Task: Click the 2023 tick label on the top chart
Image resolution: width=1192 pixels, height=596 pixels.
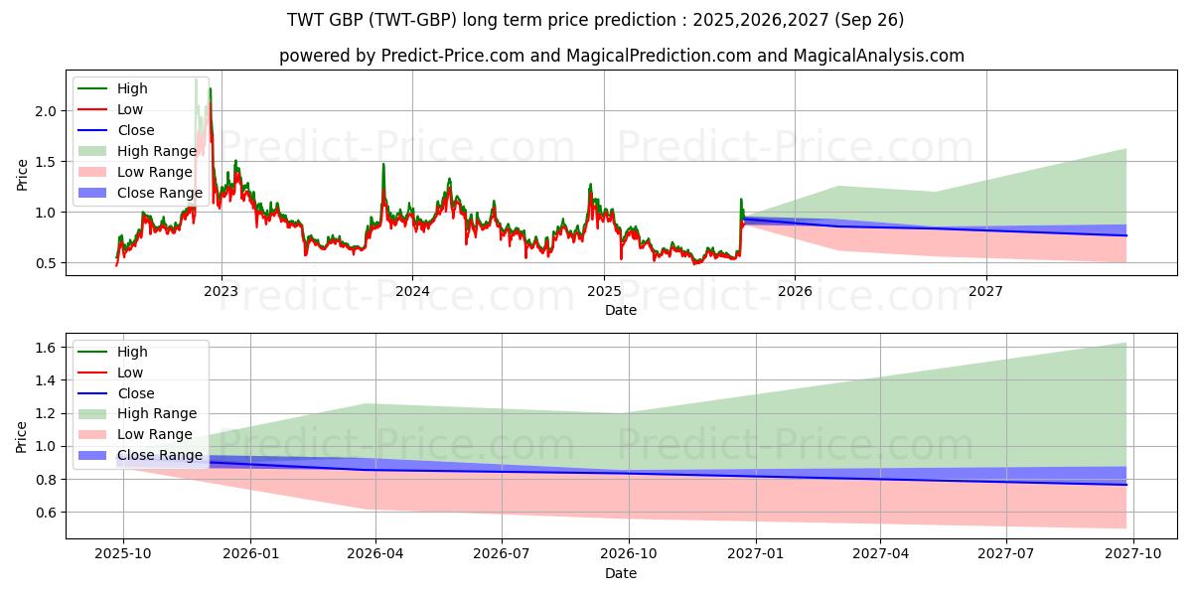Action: pos(221,291)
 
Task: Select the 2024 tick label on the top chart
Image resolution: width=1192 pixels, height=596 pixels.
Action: pos(412,291)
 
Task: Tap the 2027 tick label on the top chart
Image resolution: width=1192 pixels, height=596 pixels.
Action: pos(986,291)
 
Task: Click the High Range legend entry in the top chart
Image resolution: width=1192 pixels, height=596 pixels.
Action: pos(157,151)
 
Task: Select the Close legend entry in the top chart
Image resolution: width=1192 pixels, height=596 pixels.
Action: pos(136,130)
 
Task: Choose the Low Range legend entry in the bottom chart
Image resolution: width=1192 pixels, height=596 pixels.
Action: pos(155,434)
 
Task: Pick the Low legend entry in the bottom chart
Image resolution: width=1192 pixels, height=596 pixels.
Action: pos(130,372)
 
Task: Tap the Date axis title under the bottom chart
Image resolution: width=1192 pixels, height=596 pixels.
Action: pos(621,573)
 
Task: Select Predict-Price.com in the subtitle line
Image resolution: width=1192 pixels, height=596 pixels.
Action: pos(453,56)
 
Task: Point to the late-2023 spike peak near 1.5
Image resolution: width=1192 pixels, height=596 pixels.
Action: pos(383,164)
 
